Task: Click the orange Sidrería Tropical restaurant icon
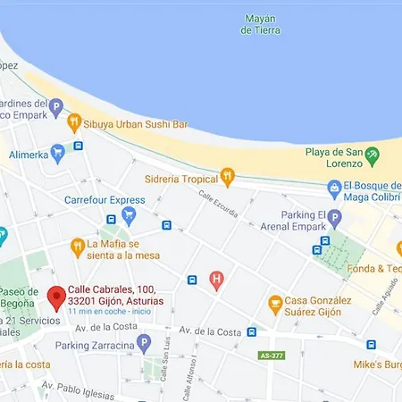point(227,176)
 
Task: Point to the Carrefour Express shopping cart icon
point(129,214)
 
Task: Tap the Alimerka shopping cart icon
point(58,152)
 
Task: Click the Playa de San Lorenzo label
point(334,157)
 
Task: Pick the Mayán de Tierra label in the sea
point(260,24)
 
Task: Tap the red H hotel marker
point(216,281)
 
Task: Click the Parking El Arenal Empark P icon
point(334,217)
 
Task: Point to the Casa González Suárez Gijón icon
point(275,306)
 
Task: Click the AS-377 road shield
point(272,355)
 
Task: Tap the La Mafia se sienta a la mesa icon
point(79,247)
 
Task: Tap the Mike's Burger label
point(377,364)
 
